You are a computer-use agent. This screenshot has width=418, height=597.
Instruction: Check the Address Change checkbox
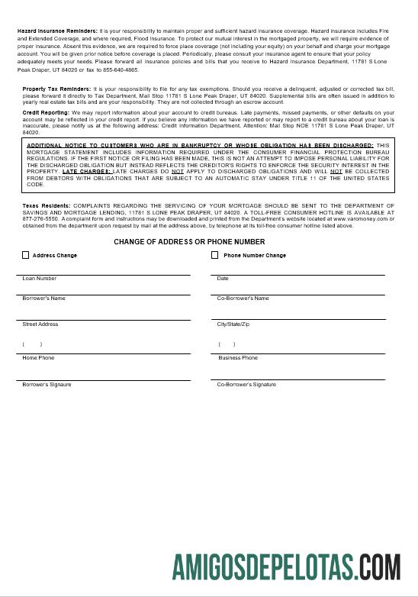(x=26, y=255)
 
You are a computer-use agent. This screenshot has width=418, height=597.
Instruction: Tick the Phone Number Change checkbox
(x=215, y=255)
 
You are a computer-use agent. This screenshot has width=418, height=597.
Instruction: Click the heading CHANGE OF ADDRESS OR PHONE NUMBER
(x=189, y=242)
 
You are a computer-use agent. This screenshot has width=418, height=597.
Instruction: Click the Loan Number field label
(x=40, y=279)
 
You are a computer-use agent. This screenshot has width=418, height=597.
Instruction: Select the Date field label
(x=223, y=279)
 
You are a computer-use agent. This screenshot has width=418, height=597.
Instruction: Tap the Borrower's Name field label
(x=44, y=298)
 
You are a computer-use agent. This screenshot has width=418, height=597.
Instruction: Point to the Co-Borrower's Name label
(x=243, y=298)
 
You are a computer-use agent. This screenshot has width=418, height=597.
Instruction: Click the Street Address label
(x=40, y=324)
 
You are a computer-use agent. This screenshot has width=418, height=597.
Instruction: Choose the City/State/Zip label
(x=233, y=324)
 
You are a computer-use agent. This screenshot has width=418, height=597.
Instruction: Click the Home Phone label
(x=39, y=358)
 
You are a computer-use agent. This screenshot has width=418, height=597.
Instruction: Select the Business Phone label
(x=238, y=358)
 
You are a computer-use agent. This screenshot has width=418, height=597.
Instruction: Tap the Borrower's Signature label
(x=47, y=385)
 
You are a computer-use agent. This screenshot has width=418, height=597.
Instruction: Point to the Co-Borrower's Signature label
(x=246, y=385)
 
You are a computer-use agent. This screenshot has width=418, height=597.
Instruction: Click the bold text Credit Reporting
(x=46, y=113)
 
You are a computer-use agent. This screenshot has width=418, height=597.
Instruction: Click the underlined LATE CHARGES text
(x=86, y=172)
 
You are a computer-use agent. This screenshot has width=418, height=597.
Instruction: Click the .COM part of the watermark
(x=378, y=569)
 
